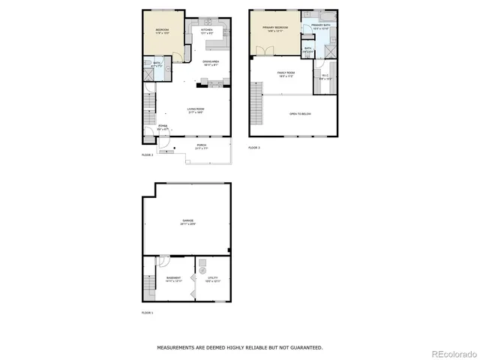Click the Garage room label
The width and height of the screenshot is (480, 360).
pos(187,221)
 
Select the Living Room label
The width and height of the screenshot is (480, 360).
pos(196,109)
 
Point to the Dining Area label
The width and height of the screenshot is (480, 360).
pos(211,62)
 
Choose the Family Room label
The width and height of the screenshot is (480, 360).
pos(286,73)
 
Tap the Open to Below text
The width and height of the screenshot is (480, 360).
pos(300,113)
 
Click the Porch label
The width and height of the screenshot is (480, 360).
pos(201,145)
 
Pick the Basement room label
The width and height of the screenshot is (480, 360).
pos(172,278)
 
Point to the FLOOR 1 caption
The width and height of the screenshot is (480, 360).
pos(148,313)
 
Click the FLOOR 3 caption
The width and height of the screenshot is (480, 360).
pos(254,148)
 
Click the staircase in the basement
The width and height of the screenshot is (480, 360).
pos(148,284)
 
